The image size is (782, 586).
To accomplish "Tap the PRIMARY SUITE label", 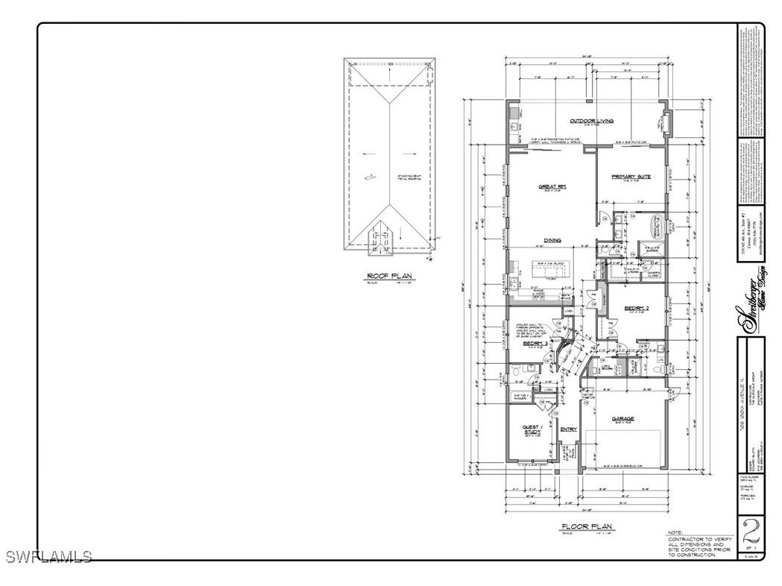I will point(631,177).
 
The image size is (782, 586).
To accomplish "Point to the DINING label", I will point(552,240).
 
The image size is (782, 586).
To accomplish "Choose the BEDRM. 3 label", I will point(535,344).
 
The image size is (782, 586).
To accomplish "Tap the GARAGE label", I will point(623,418).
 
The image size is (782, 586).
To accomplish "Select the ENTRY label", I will point(569,429).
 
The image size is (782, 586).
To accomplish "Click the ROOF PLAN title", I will point(389,276).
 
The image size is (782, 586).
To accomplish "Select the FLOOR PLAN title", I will point(588,526).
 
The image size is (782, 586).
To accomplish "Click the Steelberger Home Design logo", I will point(750,305).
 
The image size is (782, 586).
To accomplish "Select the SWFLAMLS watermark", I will point(48,556).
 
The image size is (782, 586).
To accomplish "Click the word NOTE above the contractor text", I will point(675,532).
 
